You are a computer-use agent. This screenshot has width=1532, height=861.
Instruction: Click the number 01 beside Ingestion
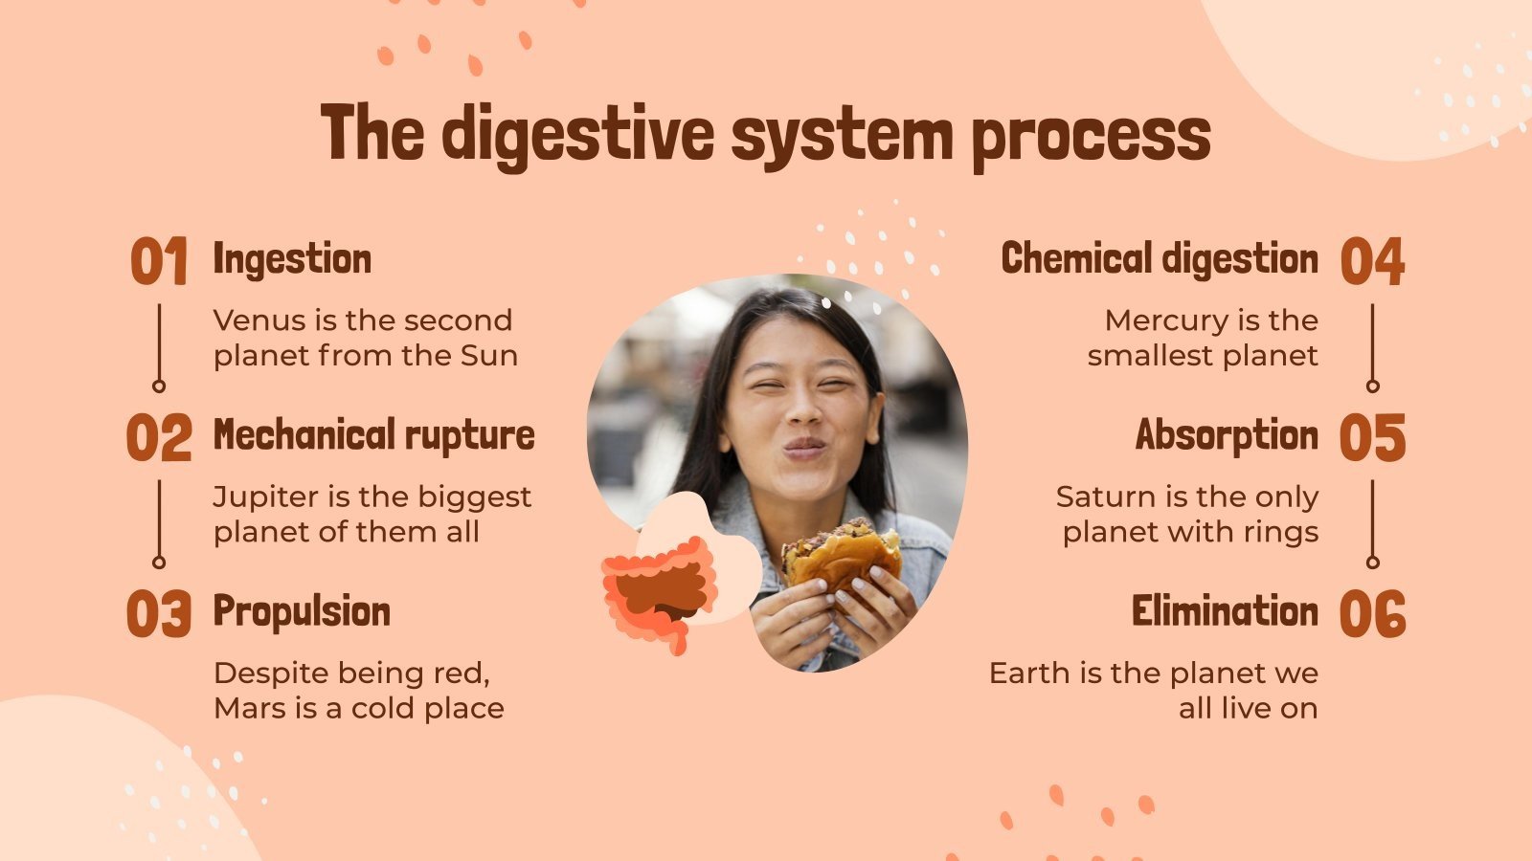point(159,262)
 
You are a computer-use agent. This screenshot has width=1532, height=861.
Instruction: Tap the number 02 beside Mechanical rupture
point(159,438)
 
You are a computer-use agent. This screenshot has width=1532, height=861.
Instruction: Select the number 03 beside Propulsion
point(159,614)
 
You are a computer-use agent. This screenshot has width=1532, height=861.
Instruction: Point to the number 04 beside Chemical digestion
point(1372,262)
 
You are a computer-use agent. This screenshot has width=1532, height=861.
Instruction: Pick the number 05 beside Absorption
point(1372,438)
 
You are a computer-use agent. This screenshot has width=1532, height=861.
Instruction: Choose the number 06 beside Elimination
point(1372,614)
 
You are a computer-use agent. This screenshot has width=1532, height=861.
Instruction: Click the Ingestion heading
point(292,259)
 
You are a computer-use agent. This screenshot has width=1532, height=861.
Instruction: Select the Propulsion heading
point(302,612)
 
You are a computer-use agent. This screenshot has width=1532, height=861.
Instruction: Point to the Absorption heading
point(1227,435)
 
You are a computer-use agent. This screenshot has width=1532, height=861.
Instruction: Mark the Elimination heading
point(1225,611)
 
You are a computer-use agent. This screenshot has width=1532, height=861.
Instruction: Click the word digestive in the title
point(577,134)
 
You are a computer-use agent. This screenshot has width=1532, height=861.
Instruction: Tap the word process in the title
point(1091,136)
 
